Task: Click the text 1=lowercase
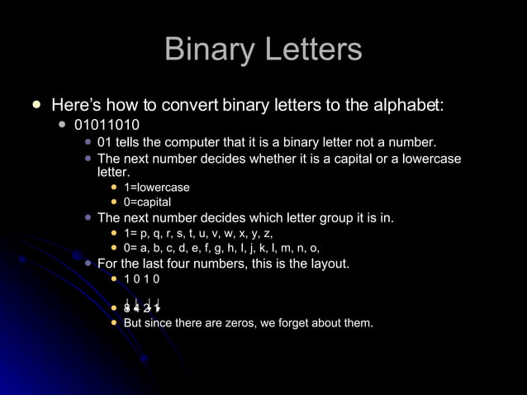[156, 188]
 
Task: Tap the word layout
[326, 264]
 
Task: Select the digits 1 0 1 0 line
[141, 279]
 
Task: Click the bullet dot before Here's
[36, 106]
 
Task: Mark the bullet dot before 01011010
[62, 126]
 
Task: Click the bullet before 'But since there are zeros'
[115, 322]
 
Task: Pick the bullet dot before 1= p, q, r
[115, 234]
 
